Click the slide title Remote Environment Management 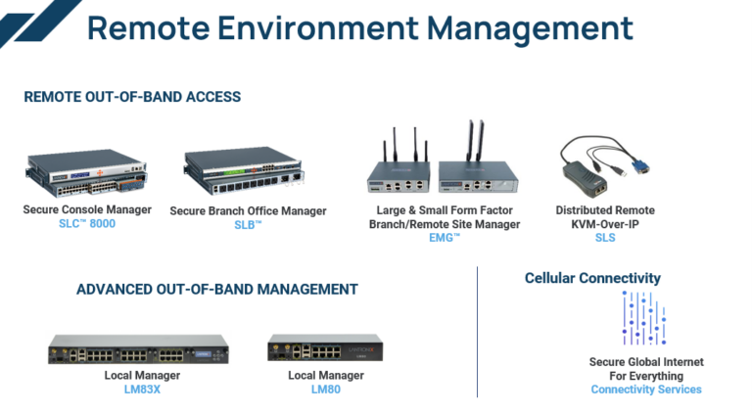tap(359, 27)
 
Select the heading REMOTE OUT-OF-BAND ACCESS tap(132, 97)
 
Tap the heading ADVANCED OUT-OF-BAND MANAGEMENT tap(216, 289)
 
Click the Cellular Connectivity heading tap(592, 278)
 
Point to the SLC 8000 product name tap(87, 223)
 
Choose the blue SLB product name tap(248, 225)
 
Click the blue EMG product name tap(444, 238)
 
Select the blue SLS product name tap(605, 238)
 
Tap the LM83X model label tap(138, 389)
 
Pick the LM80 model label tap(326, 389)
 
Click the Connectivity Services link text tap(645, 390)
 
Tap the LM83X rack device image tap(138, 350)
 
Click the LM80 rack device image tap(325, 349)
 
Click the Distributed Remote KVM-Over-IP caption tap(605, 217)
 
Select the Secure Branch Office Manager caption tap(248, 210)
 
